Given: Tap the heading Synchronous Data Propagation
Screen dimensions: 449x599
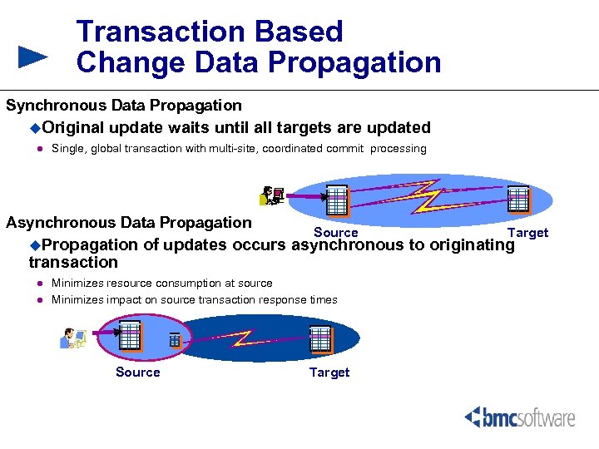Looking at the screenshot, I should [124, 106].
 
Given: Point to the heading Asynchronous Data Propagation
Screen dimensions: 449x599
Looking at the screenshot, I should [129, 223].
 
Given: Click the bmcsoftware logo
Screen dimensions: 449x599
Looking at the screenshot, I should [519, 417].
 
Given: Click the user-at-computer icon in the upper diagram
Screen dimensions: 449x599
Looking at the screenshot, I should [271, 195].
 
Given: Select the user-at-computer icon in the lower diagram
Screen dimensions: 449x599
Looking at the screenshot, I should [73, 338].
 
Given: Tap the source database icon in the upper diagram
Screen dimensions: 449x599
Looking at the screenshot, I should [337, 200].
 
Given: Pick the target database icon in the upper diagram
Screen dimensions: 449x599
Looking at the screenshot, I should [518, 199].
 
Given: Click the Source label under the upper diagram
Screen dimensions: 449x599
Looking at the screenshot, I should [335, 233].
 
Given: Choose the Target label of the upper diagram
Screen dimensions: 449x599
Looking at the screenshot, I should [527, 233].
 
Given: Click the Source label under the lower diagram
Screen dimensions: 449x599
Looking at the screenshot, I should [137, 373].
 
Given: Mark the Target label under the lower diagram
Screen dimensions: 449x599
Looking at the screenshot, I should [329, 373].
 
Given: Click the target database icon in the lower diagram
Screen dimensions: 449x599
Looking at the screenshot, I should [320, 338].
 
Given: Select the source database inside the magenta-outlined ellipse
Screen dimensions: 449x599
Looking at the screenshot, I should [130, 334].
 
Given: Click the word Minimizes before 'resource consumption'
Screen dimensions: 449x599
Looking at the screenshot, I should [77, 284].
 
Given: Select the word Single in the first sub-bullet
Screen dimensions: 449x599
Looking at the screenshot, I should [67, 149].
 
